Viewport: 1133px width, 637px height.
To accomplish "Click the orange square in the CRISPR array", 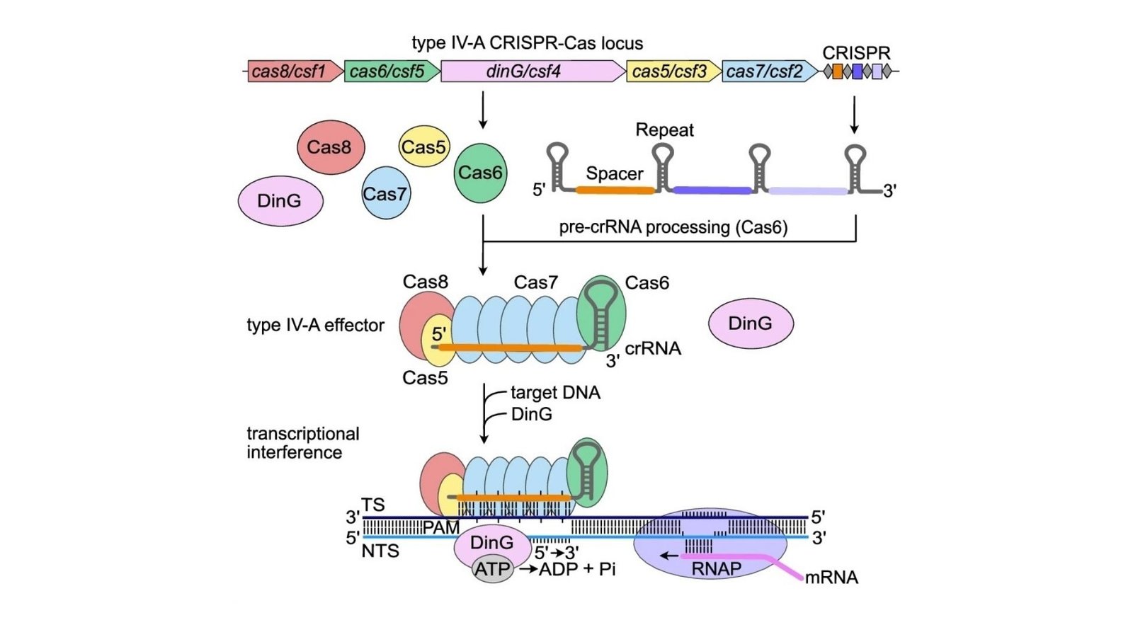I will click(838, 71).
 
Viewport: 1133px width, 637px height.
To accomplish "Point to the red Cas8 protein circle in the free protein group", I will click(330, 147).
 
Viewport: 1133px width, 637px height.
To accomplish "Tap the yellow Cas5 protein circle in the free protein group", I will click(423, 147).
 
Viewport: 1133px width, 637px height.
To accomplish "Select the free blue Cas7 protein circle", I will click(385, 193).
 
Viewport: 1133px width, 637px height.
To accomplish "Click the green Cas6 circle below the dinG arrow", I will click(480, 173).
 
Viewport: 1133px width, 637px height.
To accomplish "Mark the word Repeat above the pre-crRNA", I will click(664, 130).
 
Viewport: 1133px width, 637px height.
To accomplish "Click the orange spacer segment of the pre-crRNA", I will click(615, 190).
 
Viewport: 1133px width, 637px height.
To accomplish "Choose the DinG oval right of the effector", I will click(751, 323).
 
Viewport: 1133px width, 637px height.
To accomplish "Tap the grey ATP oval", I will click(493, 569).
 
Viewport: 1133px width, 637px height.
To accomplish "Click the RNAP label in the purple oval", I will click(716, 569).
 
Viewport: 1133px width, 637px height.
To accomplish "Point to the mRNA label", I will click(831, 578).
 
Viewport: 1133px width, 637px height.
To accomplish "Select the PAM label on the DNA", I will click(440, 528).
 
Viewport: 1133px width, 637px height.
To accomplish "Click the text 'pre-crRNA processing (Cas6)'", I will click(673, 227).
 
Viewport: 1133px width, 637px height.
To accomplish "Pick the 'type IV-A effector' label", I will click(315, 326).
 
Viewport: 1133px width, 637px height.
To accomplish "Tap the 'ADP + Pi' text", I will click(577, 569).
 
